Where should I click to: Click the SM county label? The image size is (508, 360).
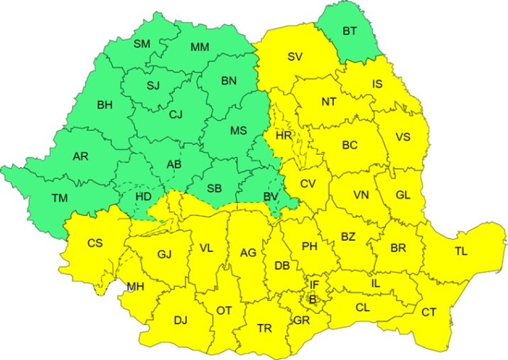[142, 44]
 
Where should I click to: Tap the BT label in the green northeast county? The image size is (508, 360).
[350, 31]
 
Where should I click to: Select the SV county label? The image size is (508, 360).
[296, 57]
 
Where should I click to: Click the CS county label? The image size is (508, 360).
[95, 243]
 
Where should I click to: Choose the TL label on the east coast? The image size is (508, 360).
[462, 251]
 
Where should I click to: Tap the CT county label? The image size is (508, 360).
[429, 312]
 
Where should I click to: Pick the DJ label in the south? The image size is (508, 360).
[180, 320]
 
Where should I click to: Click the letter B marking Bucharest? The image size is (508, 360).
[312, 300]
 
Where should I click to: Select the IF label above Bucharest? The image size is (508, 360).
[314, 285]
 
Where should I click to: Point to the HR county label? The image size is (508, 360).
[283, 135]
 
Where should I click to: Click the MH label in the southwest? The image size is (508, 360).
[135, 287]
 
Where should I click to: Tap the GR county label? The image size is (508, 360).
[301, 320]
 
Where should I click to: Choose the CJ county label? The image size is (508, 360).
[176, 113]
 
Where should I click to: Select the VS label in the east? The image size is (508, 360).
[402, 137]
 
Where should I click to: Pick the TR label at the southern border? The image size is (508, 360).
[264, 328]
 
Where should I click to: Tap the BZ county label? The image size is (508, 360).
[348, 236]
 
